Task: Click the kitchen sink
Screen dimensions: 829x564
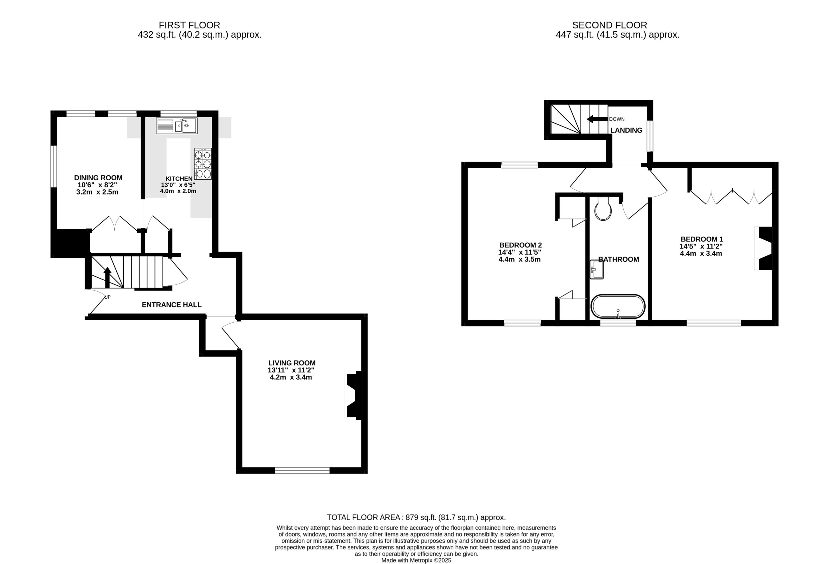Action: point(176,126)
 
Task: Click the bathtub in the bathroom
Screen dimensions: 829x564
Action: point(618,306)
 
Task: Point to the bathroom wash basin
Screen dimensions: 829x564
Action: point(596,270)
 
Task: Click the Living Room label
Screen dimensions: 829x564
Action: point(292,363)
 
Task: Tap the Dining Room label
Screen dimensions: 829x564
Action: point(98,178)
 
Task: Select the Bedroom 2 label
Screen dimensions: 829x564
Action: point(520,245)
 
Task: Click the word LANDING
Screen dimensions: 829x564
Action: point(626,130)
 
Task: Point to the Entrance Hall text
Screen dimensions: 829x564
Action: point(172,304)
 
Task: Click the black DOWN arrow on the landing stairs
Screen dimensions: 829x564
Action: point(597,119)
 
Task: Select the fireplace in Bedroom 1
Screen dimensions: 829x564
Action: point(763,248)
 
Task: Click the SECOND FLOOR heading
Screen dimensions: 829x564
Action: point(610,25)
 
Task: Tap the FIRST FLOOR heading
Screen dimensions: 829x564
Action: point(189,25)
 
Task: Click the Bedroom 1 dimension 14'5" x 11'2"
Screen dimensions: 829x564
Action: point(701,246)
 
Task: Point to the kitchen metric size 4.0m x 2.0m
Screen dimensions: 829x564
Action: point(178,191)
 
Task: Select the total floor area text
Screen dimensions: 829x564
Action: point(416,517)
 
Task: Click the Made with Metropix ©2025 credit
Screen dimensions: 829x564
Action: point(416,560)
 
